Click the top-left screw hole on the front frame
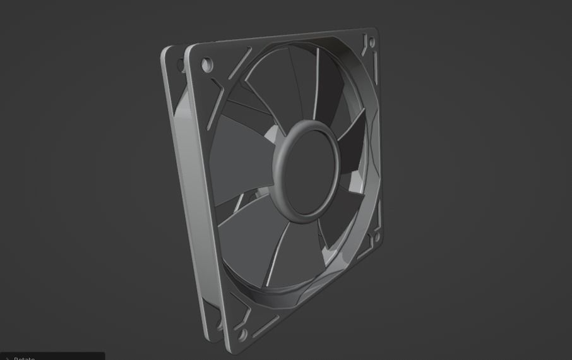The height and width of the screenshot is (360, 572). coord(206,64)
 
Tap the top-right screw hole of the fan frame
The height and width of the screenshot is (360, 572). coord(371,42)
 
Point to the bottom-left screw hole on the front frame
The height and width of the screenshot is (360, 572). coord(241,333)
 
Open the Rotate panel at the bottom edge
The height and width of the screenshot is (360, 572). coord(25,357)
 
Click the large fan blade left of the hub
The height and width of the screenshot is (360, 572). coord(240,158)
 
